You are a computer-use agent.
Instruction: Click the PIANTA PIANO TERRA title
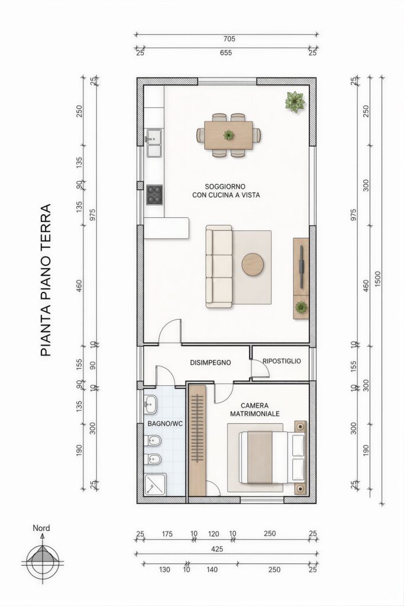pos(46,280)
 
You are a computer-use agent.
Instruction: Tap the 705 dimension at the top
pos(229,38)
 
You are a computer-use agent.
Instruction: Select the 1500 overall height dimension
pos(377,278)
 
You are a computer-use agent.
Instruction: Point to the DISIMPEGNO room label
pos(211,363)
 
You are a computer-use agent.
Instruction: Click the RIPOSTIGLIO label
pos(282,361)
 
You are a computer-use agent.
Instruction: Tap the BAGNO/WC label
pos(165,424)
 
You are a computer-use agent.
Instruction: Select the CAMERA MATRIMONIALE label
pos(255,410)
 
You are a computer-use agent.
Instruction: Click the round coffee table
pos(253,265)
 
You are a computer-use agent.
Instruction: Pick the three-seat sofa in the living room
pos(219,266)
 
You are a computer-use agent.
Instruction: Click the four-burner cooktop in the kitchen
pos(154,195)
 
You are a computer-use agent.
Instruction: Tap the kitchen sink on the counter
pos(154,143)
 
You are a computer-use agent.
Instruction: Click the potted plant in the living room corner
pos(295,102)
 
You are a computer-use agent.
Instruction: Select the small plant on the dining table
pos(229,135)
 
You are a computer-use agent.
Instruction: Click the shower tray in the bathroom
pos(155,484)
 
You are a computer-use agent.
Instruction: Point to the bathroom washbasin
pos(150,404)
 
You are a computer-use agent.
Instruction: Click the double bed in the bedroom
pos(273,457)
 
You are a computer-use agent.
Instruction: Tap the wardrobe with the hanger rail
pos(198,440)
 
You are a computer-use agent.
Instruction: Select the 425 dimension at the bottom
pos(217,549)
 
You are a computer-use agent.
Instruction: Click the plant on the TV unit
pos(301,307)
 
